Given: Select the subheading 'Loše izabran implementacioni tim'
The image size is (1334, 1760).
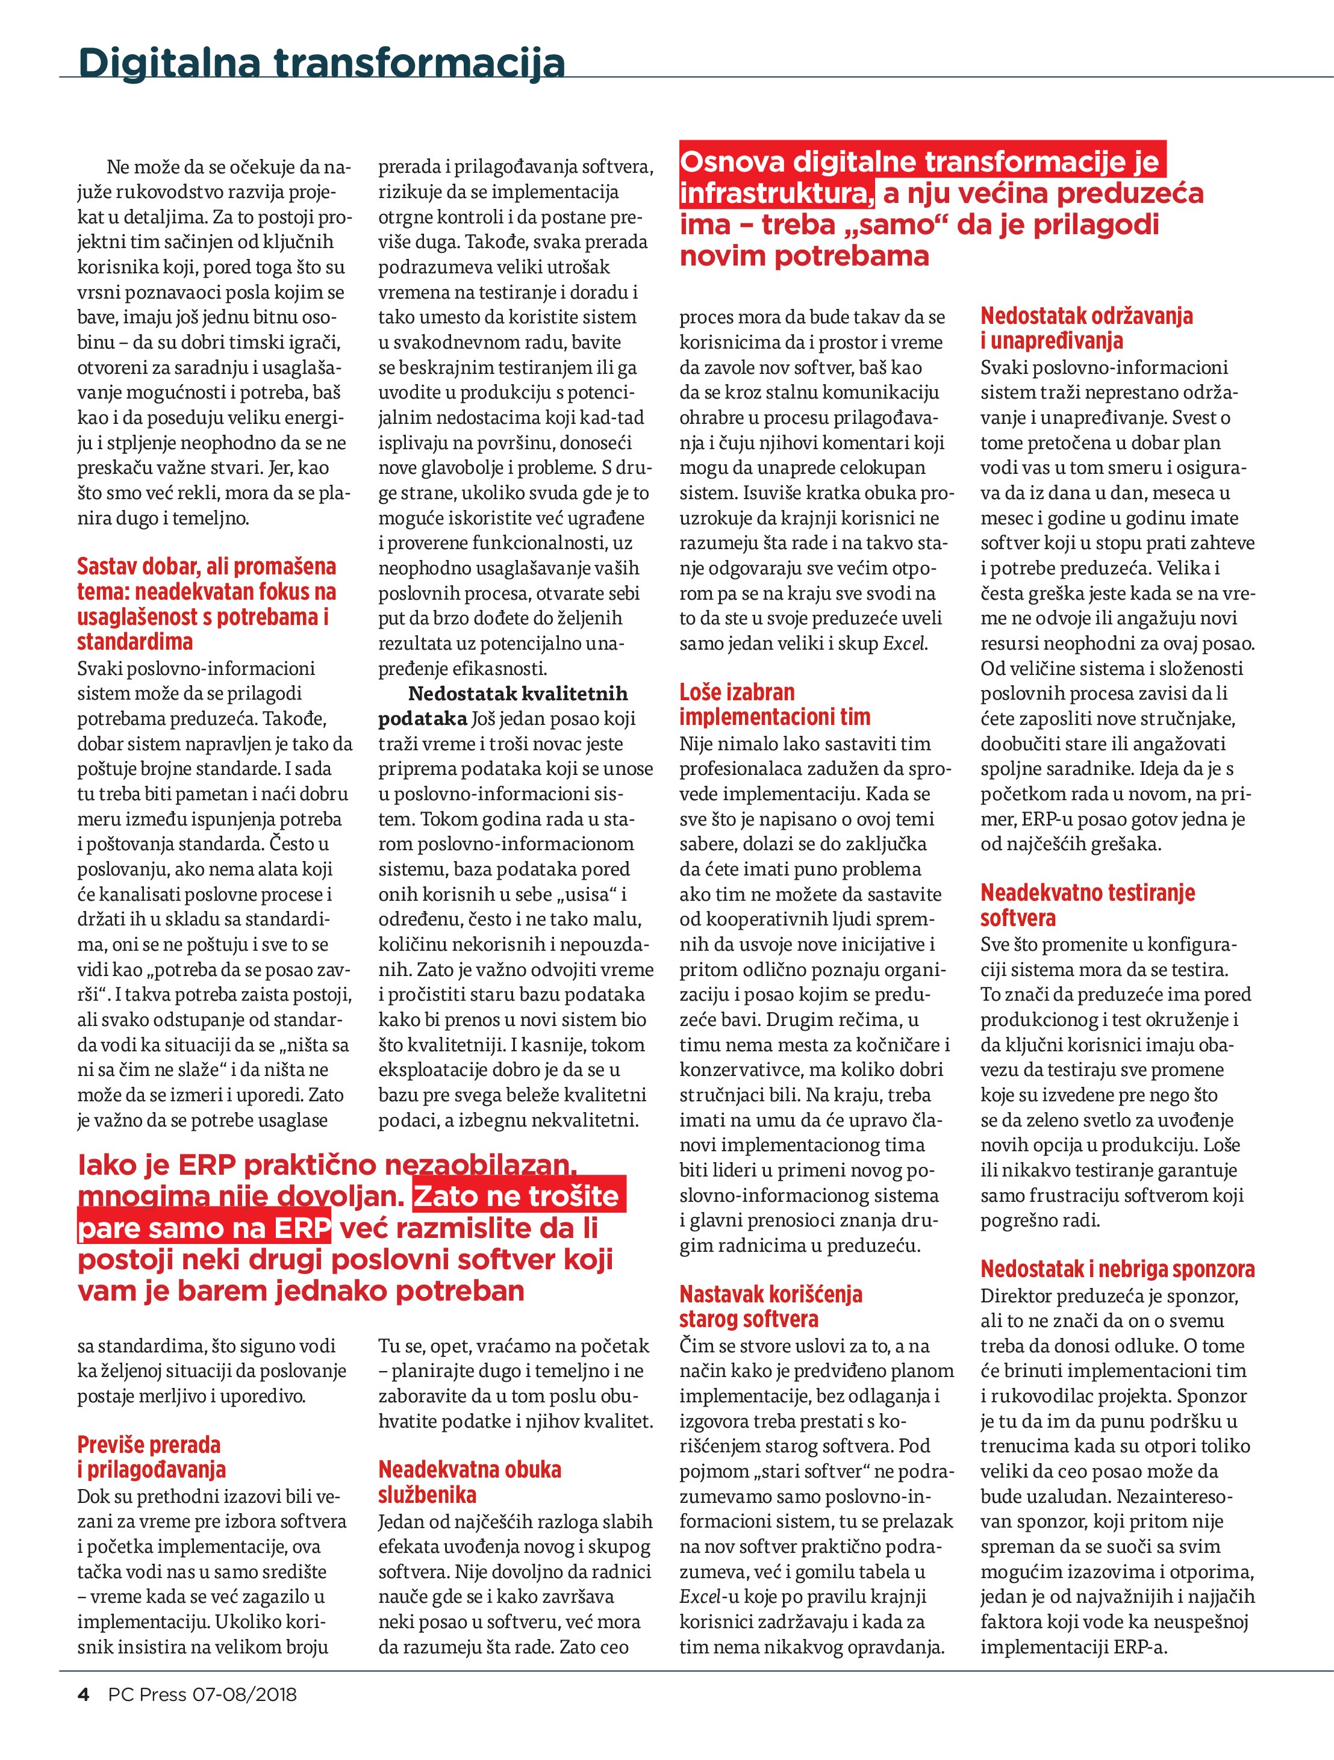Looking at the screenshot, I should pyautogui.click(x=775, y=704).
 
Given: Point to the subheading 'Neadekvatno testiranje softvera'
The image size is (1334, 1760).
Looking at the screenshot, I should pyautogui.click(x=1087, y=904).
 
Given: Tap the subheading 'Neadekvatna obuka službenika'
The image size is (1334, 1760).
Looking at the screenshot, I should pyautogui.click(x=470, y=1481).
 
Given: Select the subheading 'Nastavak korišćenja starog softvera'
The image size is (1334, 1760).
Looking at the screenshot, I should pyautogui.click(x=770, y=1307).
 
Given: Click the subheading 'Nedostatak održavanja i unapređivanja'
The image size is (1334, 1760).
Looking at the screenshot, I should pyautogui.click(x=1086, y=328).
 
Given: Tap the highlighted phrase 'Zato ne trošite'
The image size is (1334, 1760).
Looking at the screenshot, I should pyautogui.click(x=517, y=1196).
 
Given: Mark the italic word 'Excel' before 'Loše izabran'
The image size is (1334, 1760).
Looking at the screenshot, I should pyautogui.click(x=905, y=643).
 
